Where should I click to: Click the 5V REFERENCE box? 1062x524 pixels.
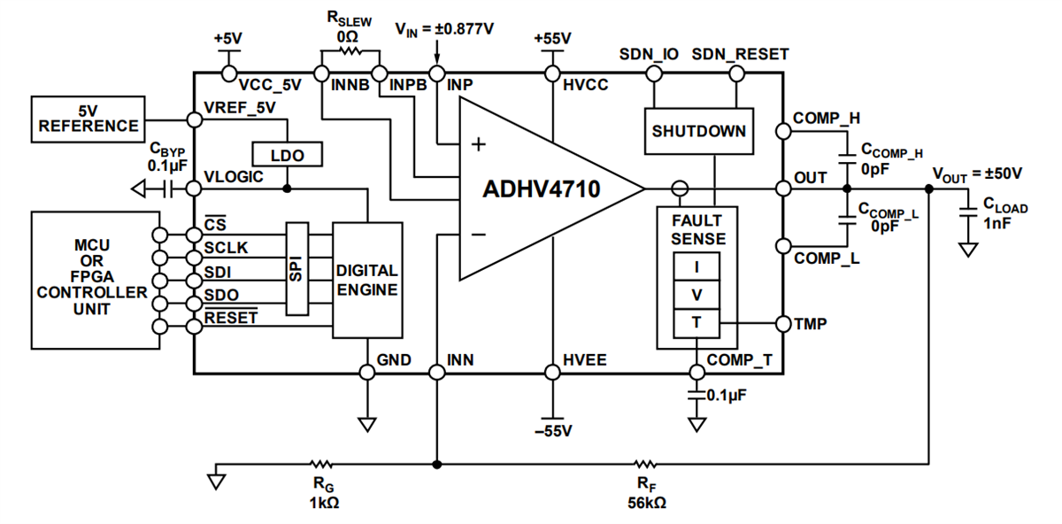(88, 119)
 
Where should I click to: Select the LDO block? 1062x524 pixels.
(288, 155)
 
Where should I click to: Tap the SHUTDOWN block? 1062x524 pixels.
(698, 131)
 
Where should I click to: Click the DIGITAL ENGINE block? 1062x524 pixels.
(366, 280)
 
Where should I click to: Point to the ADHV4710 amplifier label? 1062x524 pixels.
(541, 189)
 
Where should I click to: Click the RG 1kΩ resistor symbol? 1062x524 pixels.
(321, 463)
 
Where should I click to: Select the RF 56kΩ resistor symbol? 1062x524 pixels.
(645, 463)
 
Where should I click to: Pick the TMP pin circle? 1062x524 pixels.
(782, 323)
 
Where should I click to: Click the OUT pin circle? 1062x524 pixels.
(782, 188)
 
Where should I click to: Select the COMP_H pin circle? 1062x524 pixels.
(782, 131)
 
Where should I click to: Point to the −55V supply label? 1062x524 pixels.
(552, 431)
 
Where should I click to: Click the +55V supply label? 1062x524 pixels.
(552, 39)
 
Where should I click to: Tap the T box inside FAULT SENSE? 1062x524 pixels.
(696, 323)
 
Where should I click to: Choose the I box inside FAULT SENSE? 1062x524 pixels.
(696, 266)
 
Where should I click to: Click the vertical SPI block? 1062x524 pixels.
(296, 267)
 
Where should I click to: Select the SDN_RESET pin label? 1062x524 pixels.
(739, 54)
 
